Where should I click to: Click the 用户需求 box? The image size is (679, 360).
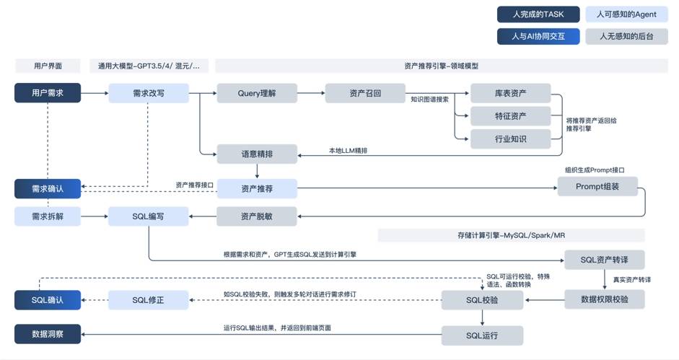click(48, 93)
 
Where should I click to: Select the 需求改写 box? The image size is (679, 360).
click(149, 93)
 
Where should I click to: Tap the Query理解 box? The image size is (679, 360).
click(257, 93)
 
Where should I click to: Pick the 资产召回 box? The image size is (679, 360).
click(365, 93)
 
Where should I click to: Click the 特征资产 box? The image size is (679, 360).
click(511, 116)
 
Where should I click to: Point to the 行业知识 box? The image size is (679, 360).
click(511, 139)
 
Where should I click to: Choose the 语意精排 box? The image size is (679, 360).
click(257, 154)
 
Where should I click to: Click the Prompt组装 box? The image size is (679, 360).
click(597, 186)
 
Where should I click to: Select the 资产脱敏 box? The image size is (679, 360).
click(257, 216)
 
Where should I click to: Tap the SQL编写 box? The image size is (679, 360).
click(149, 216)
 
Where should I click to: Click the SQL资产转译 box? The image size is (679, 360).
click(605, 260)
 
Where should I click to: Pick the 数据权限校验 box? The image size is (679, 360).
click(605, 299)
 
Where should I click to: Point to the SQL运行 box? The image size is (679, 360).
click(482, 335)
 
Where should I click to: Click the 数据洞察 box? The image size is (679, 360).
click(48, 334)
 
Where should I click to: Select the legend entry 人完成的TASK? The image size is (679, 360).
click(538, 14)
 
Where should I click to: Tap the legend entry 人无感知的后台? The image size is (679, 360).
click(626, 36)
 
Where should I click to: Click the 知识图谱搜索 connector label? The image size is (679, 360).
click(429, 100)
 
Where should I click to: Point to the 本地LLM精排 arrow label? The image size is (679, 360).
click(349, 150)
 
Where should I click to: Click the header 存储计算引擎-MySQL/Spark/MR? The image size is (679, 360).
click(511, 235)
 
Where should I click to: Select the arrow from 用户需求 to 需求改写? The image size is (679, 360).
click(95, 93)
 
